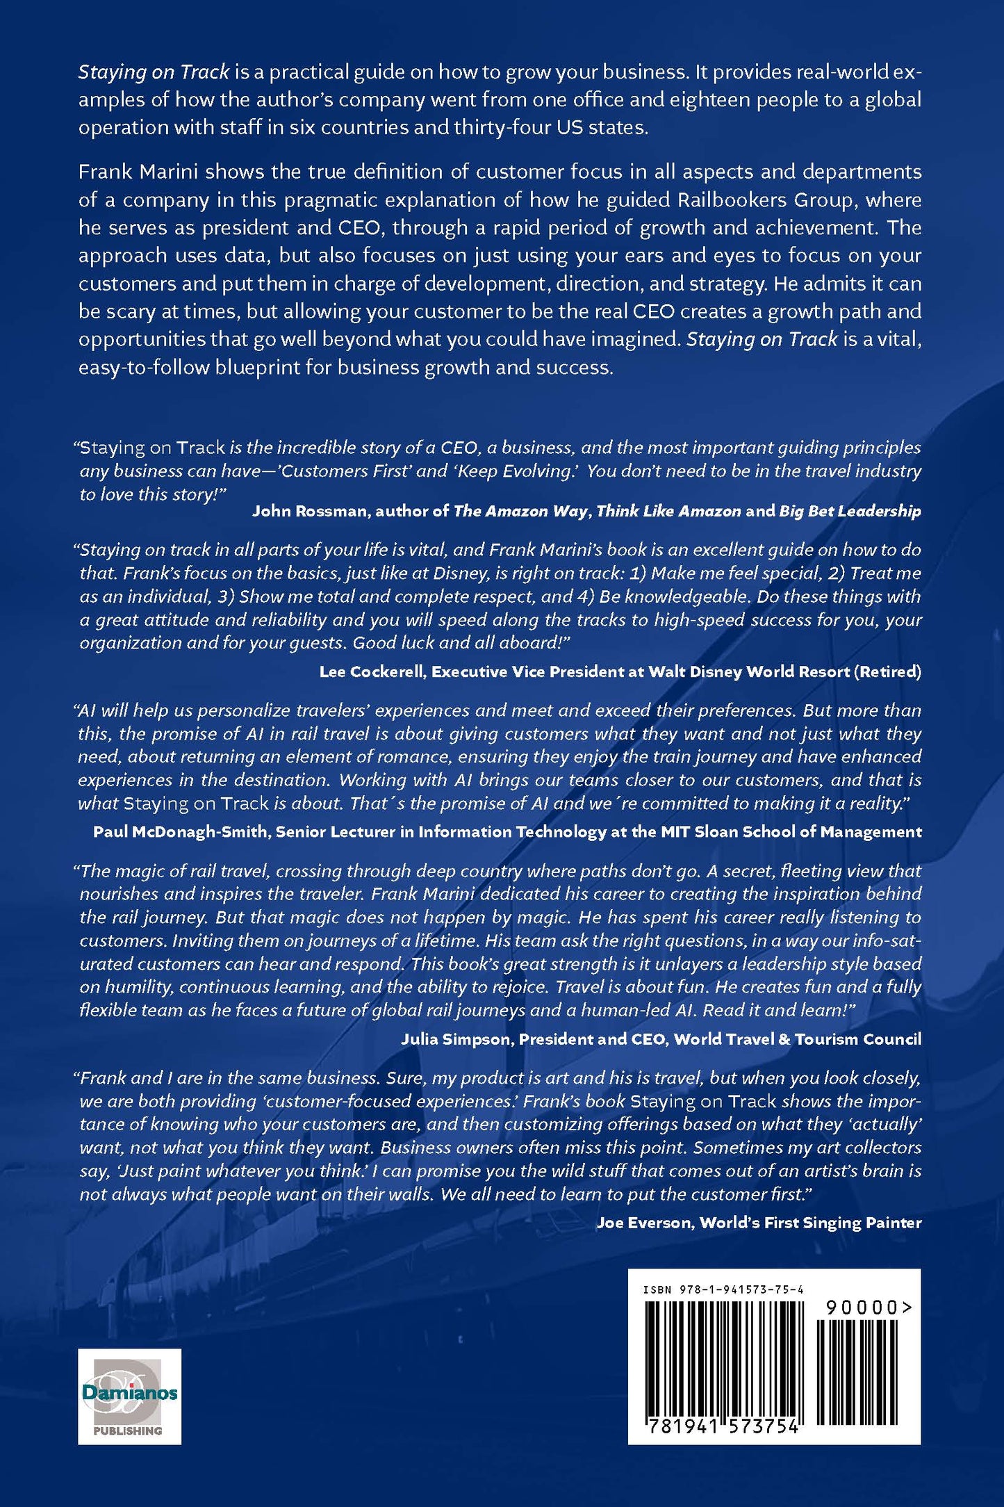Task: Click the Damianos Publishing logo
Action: point(129,1396)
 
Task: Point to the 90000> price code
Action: point(868,1308)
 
